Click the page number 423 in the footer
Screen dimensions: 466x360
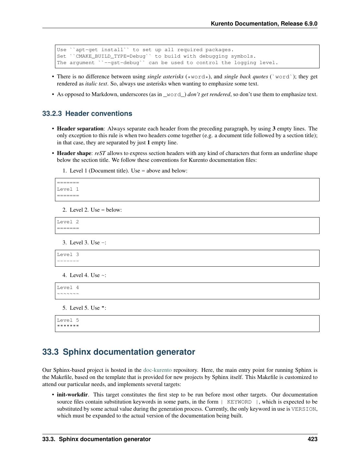[312, 439]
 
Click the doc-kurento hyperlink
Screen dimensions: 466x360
[157, 370]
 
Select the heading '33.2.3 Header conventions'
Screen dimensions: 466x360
[87, 114]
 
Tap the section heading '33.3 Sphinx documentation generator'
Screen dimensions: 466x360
[118, 352]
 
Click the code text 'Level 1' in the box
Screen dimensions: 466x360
[68, 189]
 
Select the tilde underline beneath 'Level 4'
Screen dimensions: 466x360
[68, 294]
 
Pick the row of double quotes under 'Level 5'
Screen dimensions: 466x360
[68, 326]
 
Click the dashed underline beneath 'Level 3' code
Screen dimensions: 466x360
[68, 261]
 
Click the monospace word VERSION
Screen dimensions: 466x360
[303, 409]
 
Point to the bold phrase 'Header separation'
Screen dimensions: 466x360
[80, 128]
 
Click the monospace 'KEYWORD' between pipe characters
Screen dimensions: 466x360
[239, 402]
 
